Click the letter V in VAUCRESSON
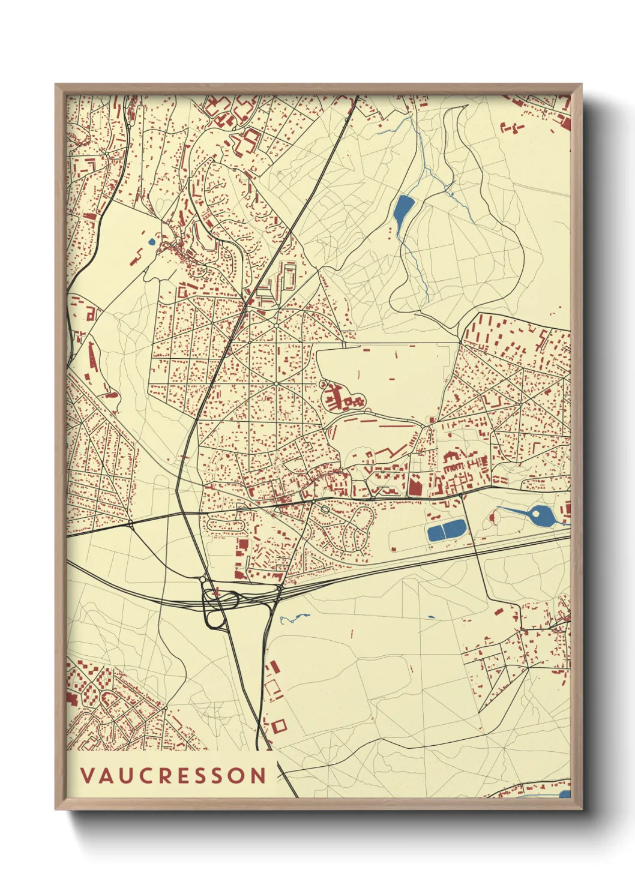tap(88, 776)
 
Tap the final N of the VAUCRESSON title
tap(258, 776)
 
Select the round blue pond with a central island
tap(538, 515)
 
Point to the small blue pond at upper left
tap(151, 242)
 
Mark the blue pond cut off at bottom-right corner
tap(565, 794)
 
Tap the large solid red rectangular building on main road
tap(414, 485)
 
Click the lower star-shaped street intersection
tap(275, 383)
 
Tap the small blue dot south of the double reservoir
tap(431, 617)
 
